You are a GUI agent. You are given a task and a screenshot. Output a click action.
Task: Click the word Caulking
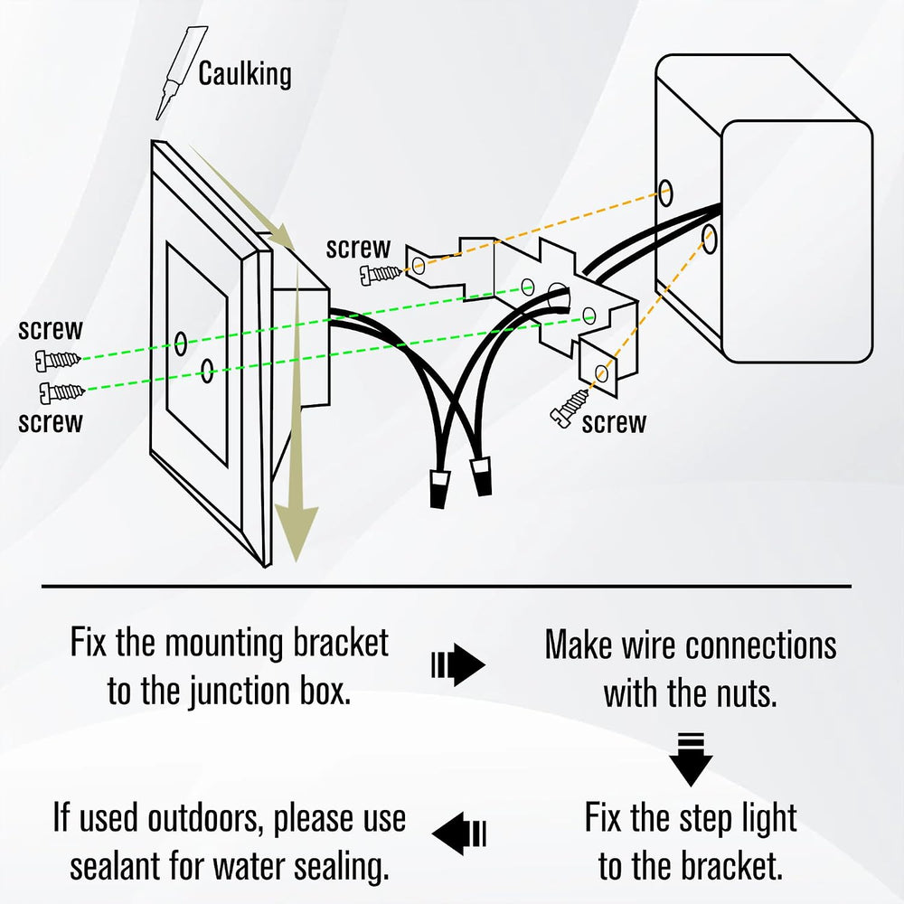[245, 74]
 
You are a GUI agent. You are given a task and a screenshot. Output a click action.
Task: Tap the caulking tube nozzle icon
[181, 73]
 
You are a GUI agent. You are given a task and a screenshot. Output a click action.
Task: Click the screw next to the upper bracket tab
[381, 275]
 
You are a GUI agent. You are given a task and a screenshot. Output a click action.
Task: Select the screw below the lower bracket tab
[570, 409]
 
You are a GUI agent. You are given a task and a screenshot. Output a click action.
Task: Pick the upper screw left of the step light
[58, 361]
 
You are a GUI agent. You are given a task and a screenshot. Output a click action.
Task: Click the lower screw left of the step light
[61, 392]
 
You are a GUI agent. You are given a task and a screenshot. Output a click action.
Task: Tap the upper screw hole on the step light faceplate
[181, 344]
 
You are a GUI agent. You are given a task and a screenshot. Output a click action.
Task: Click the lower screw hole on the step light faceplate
[207, 370]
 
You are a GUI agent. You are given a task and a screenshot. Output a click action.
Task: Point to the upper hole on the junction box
[666, 193]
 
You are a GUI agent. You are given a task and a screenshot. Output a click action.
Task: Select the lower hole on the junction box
[710, 240]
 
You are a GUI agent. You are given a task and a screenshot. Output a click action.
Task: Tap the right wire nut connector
[482, 476]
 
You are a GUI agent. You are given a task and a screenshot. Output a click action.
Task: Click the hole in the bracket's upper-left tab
[419, 266]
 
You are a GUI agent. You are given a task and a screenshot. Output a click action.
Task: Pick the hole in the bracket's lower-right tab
[601, 373]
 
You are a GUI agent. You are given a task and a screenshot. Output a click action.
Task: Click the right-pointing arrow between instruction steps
[458, 664]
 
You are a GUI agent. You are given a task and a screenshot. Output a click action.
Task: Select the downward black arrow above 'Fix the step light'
[691, 759]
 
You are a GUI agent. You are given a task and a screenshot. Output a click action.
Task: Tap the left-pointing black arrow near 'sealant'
[459, 833]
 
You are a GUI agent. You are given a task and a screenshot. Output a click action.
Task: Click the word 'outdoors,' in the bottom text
[206, 819]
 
